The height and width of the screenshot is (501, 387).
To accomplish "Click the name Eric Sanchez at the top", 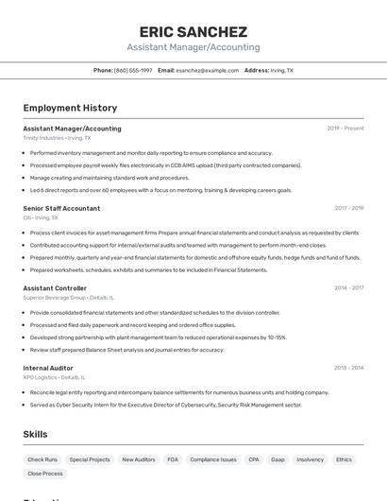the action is click(x=193, y=31).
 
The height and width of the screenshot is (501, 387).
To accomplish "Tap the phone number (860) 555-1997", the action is click(x=133, y=70).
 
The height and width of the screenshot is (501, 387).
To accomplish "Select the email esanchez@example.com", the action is click(x=208, y=70).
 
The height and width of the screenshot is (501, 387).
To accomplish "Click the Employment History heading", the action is click(x=70, y=108).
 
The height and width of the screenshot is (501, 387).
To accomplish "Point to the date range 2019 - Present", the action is click(x=345, y=128).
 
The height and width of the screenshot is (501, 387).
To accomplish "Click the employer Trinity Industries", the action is click(x=43, y=138).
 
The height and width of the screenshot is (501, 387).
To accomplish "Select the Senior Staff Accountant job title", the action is click(x=61, y=208).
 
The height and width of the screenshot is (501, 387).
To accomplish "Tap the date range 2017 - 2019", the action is click(x=348, y=208).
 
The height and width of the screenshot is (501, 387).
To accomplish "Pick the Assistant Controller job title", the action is click(x=55, y=287).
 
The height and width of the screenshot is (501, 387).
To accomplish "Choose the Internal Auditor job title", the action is click(x=48, y=367).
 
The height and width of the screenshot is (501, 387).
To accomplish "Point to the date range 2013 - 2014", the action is click(x=348, y=367).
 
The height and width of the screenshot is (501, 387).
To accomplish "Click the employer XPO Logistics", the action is click(x=40, y=377).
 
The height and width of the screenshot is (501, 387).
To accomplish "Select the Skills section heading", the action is click(x=36, y=434).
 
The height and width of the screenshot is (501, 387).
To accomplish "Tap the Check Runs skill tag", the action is click(x=42, y=459).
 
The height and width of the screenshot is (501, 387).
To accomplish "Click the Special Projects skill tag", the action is click(x=90, y=459).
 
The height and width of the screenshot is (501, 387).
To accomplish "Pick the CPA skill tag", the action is click(x=254, y=459).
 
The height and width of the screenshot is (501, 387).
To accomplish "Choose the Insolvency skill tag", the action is click(x=310, y=459).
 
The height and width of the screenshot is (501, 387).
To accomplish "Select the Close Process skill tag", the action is click(x=45, y=474).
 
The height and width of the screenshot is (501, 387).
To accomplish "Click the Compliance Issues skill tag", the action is click(x=213, y=459).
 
